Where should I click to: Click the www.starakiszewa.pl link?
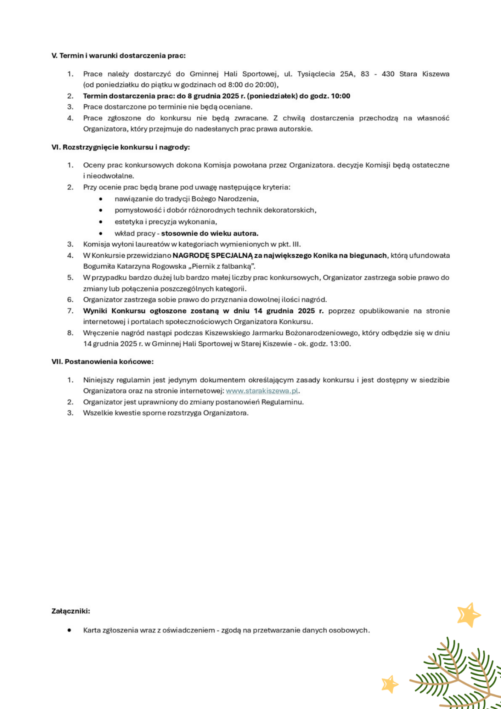pos(262,391)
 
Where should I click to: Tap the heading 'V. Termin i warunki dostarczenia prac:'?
pos(118,56)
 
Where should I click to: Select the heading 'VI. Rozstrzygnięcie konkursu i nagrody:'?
pos(120,147)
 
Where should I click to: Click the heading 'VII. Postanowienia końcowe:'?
pos(102,362)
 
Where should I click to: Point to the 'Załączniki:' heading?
pos(71,611)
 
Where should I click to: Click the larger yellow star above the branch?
pos(468,614)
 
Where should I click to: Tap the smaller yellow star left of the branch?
pos(390,684)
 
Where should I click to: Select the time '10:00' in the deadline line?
pos(340,96)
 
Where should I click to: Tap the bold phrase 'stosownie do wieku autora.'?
pos(210,233)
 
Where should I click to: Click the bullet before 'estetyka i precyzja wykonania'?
pos(101,222)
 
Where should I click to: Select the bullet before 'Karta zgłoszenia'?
pos(69,630)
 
